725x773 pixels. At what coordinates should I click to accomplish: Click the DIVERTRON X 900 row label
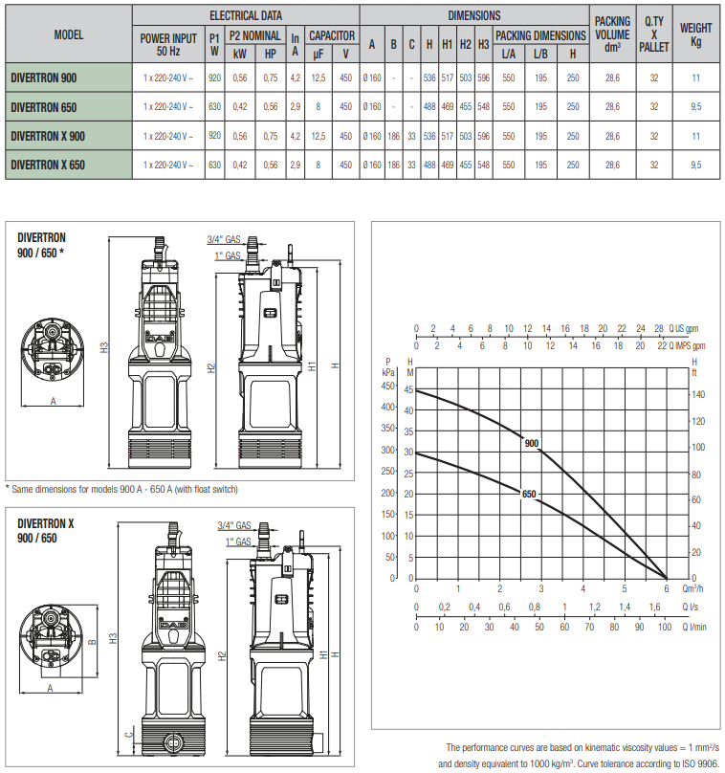coord(48,136)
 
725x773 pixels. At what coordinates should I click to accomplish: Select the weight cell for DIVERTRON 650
coord(695,106)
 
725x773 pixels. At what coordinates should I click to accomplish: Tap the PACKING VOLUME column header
coord(612,34)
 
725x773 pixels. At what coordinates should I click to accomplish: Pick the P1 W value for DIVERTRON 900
coord(214,77)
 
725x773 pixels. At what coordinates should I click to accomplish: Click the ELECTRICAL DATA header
coord(246,15)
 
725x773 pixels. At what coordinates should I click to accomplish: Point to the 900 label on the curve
coord(531,443)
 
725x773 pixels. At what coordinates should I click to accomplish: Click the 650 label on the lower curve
coord(528,494)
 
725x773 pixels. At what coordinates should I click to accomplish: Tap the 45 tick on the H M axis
coord(408,389)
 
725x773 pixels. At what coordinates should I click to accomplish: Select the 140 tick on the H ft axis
coord(698,394)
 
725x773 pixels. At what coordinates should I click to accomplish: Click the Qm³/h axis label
coord(692,588)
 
